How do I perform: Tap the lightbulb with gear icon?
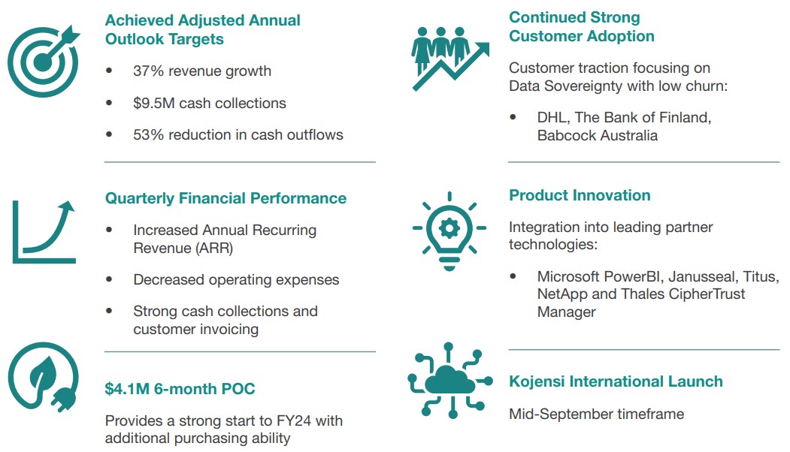[449, 231]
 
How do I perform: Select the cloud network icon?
[449, 381]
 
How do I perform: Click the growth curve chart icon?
[44, 231]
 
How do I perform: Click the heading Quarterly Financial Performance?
[225, 198]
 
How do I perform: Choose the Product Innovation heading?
[580, 195]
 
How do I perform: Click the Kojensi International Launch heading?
[616, 381]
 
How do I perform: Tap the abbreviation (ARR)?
[213, 248]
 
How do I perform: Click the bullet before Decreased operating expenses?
[109, 279]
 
